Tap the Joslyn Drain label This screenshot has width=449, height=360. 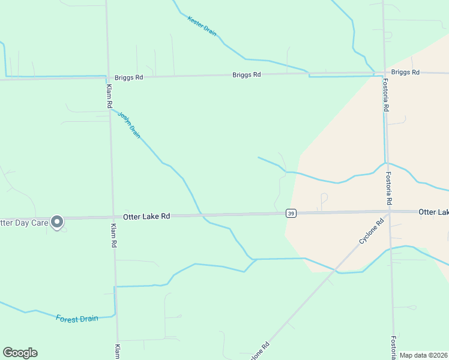[129, 125]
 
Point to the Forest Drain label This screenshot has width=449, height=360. [77, 319]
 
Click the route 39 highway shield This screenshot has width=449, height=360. [291, 213]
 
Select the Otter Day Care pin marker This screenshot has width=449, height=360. [57, 223]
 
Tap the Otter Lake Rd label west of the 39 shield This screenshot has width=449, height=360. [146, 215]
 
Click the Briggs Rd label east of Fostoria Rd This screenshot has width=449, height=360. [405, 72]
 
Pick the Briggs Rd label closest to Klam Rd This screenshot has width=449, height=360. [129, 77]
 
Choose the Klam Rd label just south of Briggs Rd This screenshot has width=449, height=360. [109, 95]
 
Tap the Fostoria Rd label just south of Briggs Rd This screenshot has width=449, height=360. [386, 99]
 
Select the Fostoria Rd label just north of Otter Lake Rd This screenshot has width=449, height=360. [388, 185]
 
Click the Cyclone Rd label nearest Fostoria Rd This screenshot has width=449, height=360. [371, 231]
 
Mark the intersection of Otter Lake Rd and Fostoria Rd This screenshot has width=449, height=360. [389, 212]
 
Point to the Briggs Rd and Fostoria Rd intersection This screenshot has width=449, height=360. [384, 73]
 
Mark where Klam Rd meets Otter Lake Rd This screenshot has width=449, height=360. [112, 217]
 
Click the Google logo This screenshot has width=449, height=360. [20, 353]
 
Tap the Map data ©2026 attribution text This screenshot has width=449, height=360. [424, 355]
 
